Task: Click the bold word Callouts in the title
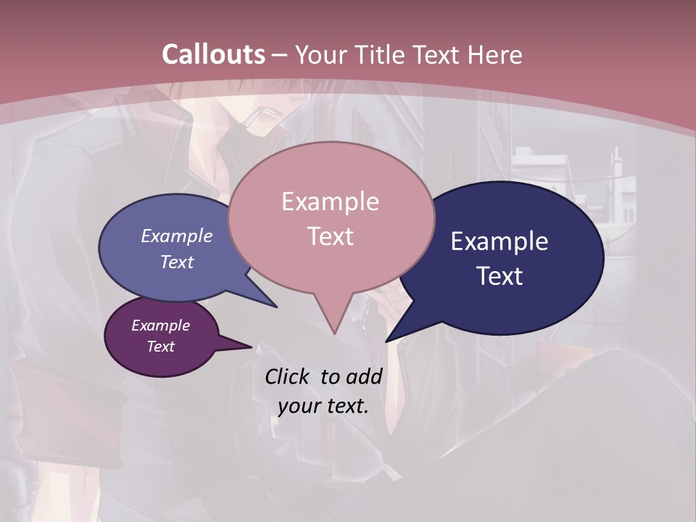point(214,54)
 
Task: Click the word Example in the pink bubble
point(330,202)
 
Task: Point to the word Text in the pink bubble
point(330,236)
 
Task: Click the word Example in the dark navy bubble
point(500,241)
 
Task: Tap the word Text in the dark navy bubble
point(500,276)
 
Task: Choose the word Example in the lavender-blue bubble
point(177,236)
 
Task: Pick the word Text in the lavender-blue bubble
point(177,262)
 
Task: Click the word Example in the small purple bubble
point(161,326)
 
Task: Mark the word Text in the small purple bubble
point(161,347)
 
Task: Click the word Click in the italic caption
point(288,376)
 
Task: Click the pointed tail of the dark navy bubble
point(389,339)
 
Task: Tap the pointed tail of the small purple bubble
point(249,346)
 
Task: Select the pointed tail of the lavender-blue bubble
point(274,305)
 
